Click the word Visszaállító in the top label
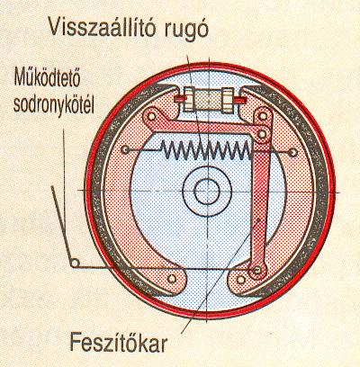[x=103, y=26]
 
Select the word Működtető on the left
[x=47, y=77]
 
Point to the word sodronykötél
[x=54, y=105]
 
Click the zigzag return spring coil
[x=206, y=149]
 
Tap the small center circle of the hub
[x=207, y=192]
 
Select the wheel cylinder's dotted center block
[x=209, y=100]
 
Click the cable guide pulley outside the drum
[x=75, y=263]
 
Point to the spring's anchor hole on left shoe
[x=126, y=149]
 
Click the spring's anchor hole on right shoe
[x=293, y=153]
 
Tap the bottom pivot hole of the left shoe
[x=172, y=279]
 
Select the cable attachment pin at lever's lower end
[x=256, y=271]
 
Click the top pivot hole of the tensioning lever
[x=263, y=116]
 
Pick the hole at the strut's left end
[x=152, y=116]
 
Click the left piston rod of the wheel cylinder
[x=181, y=98]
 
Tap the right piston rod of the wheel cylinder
[x=240, y=98]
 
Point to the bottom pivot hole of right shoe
[x=241, y=280]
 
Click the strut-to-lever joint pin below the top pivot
[x=263, y=133]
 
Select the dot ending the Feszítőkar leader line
[x=258, y=221]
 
